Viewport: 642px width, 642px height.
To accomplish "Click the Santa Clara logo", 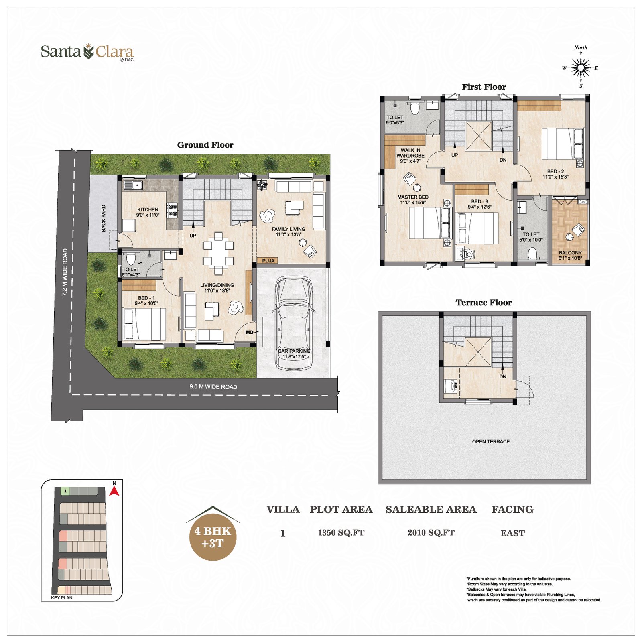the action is click(x=87, y=52).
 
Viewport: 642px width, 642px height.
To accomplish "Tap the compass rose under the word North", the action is click(x=581, y=68).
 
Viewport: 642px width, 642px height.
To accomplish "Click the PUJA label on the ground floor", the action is click(x=268, y=261).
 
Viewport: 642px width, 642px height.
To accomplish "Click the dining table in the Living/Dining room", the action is click(x=218, y=253).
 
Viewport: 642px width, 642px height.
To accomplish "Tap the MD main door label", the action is click(x=250, y=332).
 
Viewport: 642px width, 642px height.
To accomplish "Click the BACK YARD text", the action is click(x=104, y=218).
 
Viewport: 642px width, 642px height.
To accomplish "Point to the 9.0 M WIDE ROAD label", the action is click(x=213, y=387).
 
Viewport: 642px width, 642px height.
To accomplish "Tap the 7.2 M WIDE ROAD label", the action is click(x=65, y=272).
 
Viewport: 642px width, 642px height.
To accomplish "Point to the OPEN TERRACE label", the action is click(x=491, y=441).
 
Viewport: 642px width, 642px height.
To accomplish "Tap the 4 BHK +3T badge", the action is click(x=213, y=537).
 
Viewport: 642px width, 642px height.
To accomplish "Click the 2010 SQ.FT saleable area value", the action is click(x=431, y=533).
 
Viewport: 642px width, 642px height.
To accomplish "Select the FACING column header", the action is click(x=512, y=510).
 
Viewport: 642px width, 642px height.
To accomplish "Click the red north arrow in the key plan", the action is click(x=114, y=490).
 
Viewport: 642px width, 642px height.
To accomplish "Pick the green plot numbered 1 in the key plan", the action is click(x=65, y=491).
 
